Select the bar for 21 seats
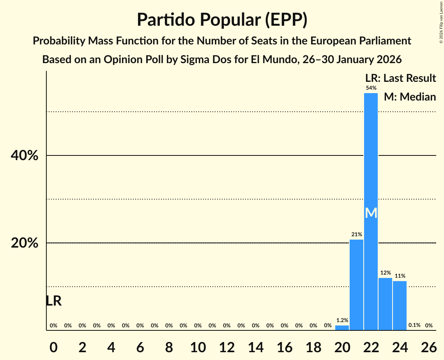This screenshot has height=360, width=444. [356, 285]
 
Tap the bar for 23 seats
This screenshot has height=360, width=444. [385, 304]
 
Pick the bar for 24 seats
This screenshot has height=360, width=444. [400, 305]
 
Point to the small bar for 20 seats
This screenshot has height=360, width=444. [342, 328]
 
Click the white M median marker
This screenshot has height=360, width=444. [371, 213]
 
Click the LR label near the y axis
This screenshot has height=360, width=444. [53, 301]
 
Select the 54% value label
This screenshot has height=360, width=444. [371, 88]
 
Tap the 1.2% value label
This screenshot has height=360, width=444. [342, 320]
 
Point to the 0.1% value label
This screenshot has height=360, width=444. [414, 325]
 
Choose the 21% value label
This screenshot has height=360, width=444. [356, 235]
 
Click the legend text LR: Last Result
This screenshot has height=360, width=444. [400, 78]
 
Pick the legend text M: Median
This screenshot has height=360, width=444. [410, 97]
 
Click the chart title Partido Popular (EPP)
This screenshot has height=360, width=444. [222, 19]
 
